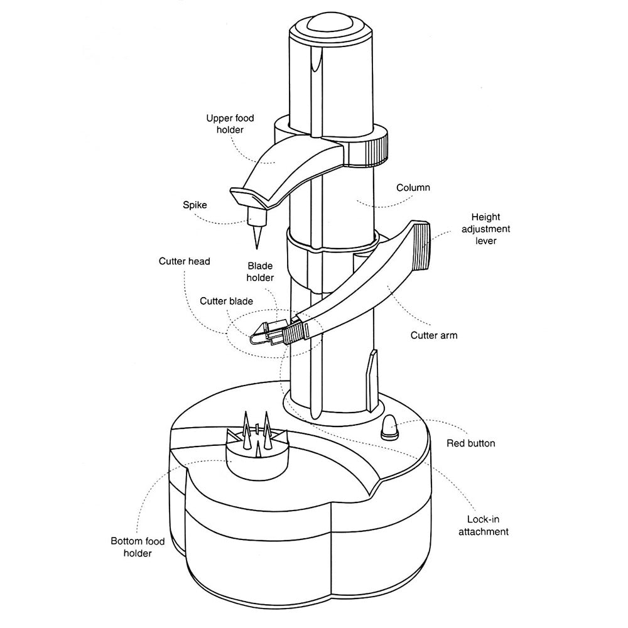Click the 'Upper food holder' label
[224, 124]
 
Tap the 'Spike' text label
[194, 205]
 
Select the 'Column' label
[413, 188]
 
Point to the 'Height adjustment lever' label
[485, 229]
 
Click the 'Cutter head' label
[184, 261]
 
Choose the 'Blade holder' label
[260, 271]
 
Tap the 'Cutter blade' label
[226, 301]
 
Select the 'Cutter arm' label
[433, 335]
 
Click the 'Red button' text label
[470, 443]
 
